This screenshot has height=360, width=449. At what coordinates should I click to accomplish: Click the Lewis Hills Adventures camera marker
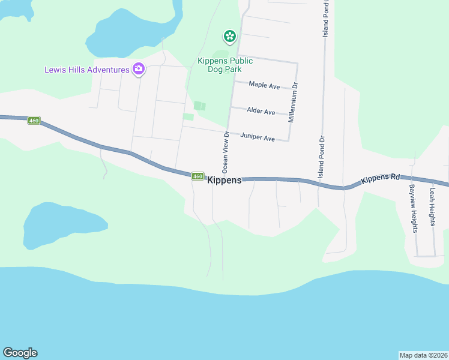point(139,69)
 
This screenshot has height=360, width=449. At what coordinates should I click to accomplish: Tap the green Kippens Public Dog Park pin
point(229,37)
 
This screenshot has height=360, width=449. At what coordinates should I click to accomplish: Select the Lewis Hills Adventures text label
point(87,70)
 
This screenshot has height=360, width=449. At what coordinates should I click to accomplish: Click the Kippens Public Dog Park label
point(225,65)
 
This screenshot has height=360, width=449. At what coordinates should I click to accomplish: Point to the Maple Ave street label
point(264,86)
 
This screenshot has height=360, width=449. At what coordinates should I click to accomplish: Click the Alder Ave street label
point(261,112)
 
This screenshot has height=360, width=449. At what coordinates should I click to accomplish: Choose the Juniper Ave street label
point(258,138)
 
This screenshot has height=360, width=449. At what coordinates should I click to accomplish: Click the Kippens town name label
point(224,180)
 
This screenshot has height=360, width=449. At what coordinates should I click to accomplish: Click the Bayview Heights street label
point(413,208)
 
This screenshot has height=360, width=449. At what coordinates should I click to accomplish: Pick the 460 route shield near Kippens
point(197,176)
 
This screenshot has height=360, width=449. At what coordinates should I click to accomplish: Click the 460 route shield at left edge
point(34,121)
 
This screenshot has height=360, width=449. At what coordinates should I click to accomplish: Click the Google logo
point(20,353)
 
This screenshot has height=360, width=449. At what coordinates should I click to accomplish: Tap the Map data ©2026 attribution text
point(423,355)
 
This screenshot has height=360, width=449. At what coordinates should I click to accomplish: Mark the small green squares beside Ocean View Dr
point(199,106)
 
